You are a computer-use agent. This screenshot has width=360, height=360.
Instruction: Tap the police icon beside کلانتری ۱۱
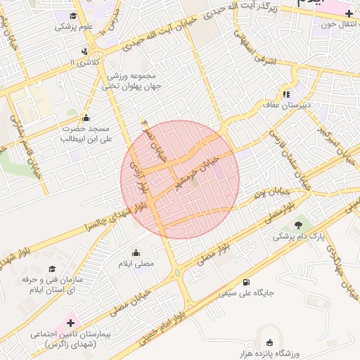click(x=85, y=51)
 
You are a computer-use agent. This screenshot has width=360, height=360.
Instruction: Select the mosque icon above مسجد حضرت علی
click(x=86, y=118)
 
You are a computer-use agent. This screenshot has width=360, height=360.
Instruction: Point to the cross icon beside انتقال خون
click(x=349, y=13)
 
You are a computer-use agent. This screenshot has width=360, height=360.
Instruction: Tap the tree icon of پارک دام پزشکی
click(x=300, y=225)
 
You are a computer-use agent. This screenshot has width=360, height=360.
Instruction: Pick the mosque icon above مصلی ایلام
click(x=136, y=252)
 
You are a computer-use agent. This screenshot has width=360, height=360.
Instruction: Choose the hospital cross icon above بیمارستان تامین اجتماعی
click(x=70, y=323)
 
